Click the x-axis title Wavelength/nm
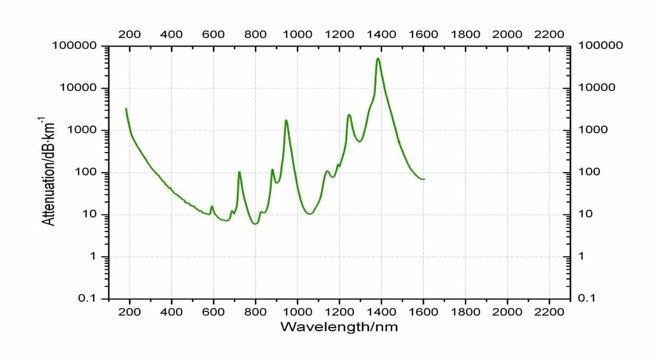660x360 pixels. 339,326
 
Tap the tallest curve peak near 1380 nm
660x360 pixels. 378,58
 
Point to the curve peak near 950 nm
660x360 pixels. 286,121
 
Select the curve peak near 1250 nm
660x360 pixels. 349,115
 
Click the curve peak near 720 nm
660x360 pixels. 239,172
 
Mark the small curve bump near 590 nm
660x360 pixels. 212,206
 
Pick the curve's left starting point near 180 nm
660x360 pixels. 126,108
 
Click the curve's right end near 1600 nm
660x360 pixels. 424,179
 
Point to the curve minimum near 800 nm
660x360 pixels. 255,224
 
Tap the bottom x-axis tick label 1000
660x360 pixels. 297,311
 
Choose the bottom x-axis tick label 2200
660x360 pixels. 549,311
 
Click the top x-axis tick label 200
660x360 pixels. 130,34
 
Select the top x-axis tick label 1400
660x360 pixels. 381,34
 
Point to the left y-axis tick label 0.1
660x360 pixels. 91,299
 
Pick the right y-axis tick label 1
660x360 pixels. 584,256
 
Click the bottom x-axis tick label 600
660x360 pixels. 213,311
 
